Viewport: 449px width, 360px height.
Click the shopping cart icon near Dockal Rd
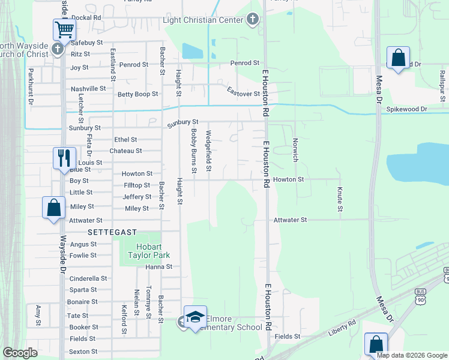click(x=64, y=28)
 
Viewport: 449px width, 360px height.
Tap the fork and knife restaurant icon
click(x=64, y=158)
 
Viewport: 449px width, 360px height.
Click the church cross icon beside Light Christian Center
click(x=253, y=20)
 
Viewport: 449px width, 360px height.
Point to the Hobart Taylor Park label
click(x=137, y=250)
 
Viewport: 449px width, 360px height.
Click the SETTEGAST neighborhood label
click(x=112, y=232)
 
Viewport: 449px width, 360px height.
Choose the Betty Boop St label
click(x=137, y=94)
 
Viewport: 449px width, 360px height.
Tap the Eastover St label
click(x=243, y=94)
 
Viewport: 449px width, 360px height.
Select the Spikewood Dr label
click(x=406, y=109)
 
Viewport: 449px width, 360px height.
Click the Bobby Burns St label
click(x=194, y=151)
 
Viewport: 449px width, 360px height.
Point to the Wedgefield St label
click(x=208, y=151)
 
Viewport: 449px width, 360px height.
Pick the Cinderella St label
click(x=88, y=278)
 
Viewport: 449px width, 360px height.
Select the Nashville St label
click(x=88, y=89)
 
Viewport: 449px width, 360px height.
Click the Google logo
click(x=20, y=353)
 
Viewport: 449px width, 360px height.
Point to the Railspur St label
click(x=442, y=89)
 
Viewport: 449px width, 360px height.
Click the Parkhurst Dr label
click(x=31, y=86)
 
